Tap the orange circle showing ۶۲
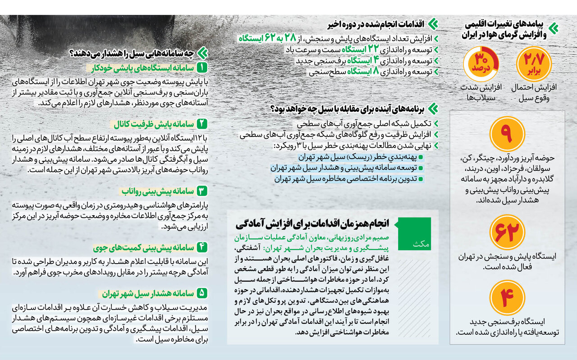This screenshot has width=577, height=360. coord(507,232)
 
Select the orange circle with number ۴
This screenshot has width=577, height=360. coord(507,298)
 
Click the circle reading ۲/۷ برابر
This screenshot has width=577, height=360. coord(534,64)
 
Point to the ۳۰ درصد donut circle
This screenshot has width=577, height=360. coord(481,64)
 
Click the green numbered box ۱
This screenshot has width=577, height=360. coord(202,68)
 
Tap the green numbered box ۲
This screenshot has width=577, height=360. coord(202,123)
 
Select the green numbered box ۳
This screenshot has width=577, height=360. coord(202,191)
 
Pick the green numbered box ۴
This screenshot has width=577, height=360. coord(202,247)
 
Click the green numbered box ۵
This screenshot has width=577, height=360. coord(202,293)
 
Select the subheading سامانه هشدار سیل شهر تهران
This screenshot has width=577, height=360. coord(148,293)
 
